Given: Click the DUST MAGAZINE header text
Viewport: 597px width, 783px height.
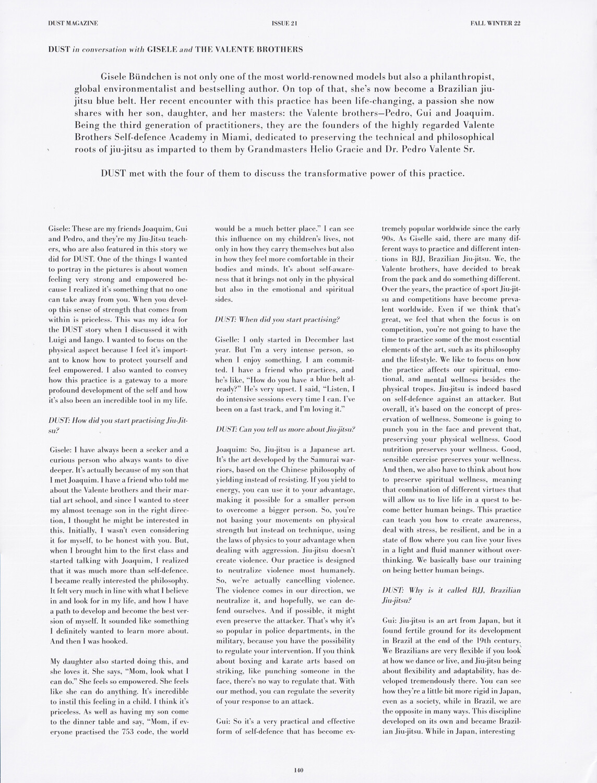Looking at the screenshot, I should click(73, 23).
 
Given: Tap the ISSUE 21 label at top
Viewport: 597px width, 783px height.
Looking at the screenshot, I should click(285, 23).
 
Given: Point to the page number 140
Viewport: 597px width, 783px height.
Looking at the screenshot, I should click(298, 770).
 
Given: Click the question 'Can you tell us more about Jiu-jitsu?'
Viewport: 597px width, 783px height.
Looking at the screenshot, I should click(285, 429).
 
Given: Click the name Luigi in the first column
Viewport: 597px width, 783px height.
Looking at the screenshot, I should click(58, 340).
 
